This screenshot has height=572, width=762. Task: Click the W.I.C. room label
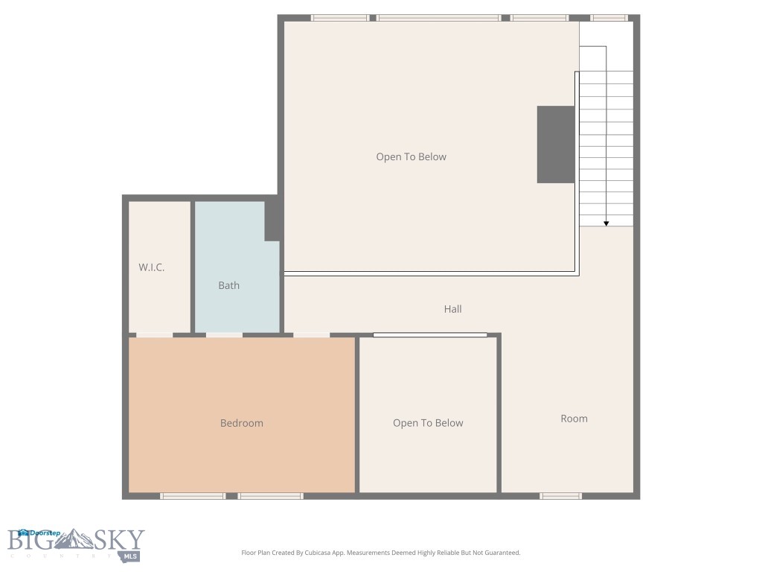pyautogui.click(x=151, y=267)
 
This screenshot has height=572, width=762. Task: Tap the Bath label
pyautogui.click(x=228, y=285)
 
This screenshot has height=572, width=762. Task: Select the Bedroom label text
pyautogui.click(x=241, y=423)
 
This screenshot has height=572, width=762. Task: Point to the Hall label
pyautogui.click(x=452, y=309)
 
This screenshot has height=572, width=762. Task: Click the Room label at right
pyautogui.click(x=574, y=419)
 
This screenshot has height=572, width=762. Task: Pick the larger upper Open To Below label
pyautogui.click(x=411, y=157)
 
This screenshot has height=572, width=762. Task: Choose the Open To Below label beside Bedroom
pyautogui.click(x=428, y=423)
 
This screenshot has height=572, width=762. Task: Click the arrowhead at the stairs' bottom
pyautogui.click(x=606, y=223)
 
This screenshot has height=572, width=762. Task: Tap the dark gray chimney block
pyautogui.click(x=556, y=144)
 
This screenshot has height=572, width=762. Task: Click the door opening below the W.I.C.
pyautogui.click(x=154, y=335)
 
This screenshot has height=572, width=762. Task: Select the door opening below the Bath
pyautogui.click(x=224, y=335)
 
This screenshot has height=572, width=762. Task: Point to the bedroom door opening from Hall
pyautogui.click(x=312, y=335)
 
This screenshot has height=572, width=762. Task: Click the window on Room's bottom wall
pyautogui.click(x=561, y=495)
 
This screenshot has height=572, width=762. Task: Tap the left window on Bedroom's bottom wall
pyautogui.click(x=193, y=495)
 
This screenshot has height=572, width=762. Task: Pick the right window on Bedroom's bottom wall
pyautogui.click(x=271, y=495)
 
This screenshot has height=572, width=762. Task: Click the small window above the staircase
pyautogui.click(x=609, y=18)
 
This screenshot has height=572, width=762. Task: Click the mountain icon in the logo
pyautogui.click(x=84, y=539)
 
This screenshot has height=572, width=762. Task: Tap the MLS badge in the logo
pyautogui.click(x=132, y=556)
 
